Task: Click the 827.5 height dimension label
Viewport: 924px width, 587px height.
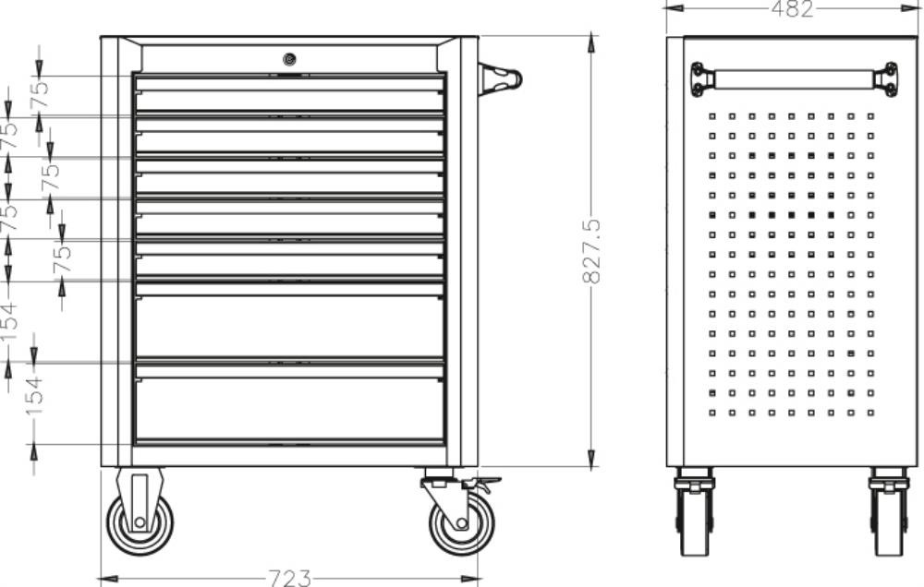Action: (x=591, y=251)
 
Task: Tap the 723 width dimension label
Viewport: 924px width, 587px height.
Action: (x=289, y=578)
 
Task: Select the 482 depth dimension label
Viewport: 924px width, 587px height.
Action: (x=792, y=8)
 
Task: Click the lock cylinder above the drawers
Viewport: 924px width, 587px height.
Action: (x=288, y=59)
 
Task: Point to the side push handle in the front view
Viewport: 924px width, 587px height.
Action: (x=500, y=79)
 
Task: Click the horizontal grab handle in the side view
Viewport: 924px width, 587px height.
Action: (x=794, y=79)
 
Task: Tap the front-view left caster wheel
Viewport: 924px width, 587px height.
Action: (x=140, y=522)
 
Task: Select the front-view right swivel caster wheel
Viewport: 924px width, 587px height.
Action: (x=462, y=522)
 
